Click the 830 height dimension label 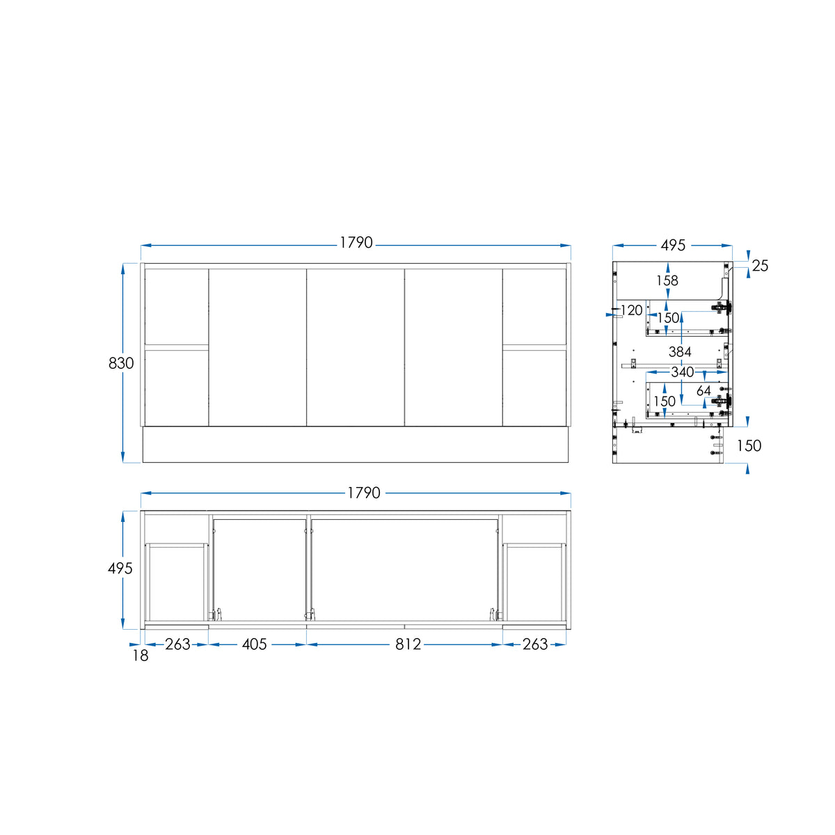(x=121, y=363)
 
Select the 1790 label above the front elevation (x=356, y=243)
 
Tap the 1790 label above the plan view (x=363, y=493)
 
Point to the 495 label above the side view (x=673, y=245)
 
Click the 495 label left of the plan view (x=120, y=568)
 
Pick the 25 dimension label (x=760, y=266)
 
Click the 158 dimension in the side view (x=667, y=280)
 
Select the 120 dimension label (x=631, y=310)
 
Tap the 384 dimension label (x=680, y=351)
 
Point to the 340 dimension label (x=683, y=372)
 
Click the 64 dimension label (x=703, y=390)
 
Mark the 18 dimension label (x=141, y=655)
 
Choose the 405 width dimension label (x=255, y=644)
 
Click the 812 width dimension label (x=408, y=644)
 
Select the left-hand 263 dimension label (x=177, y=644)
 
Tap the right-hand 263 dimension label (x=535, y=644)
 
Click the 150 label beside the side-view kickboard (x=749, y=445)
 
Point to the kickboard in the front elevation (x=356, y=444)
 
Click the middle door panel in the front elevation (x=356, y=347)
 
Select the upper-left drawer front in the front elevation (x=177, y=307)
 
